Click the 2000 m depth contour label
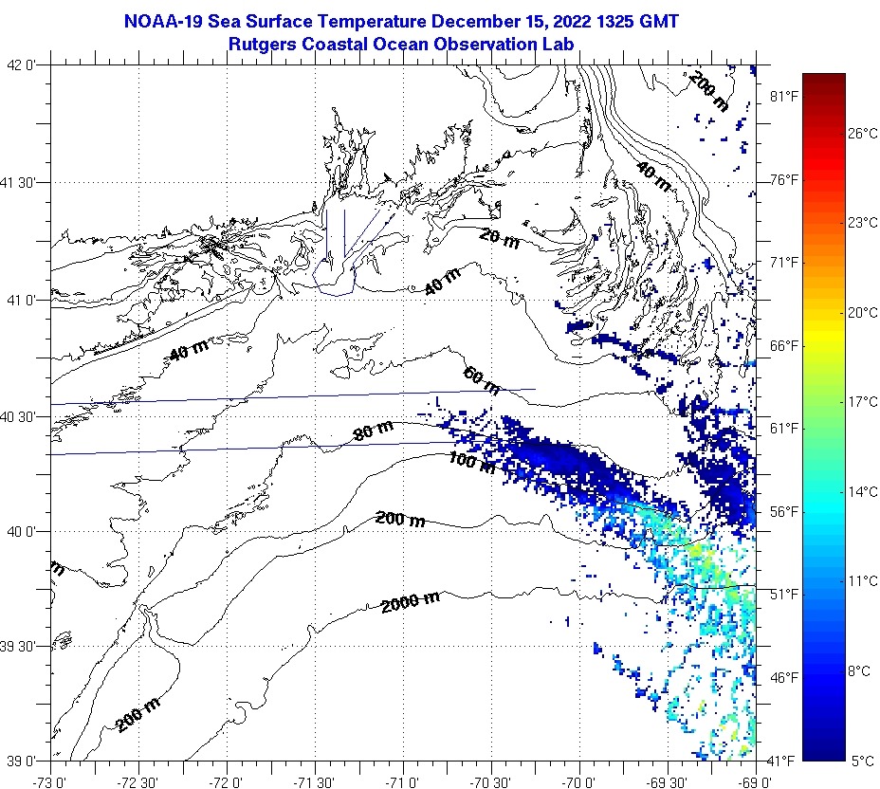pyautogui.click(x=411, y=601)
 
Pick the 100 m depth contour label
pyautogui.click(x=471, y=463)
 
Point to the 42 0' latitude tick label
pyautogui.click(x=22, y=65)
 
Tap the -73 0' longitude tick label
pyautogui.click(x=49, y=782)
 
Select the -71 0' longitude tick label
pyautogui.click(x=403, y=782)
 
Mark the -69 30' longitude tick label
pyautogui.click(x=668, y=782)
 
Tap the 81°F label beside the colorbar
pyautogui.click(x=782, y=96)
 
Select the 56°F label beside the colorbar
pyautogui.click(x=782, y=511)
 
